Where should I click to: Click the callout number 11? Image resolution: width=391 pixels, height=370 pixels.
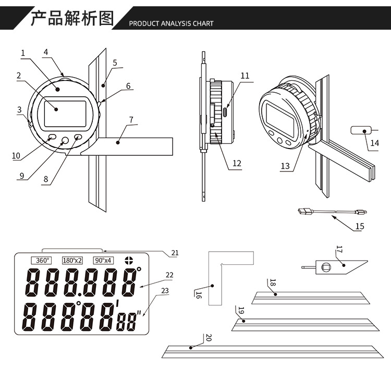[245, 76]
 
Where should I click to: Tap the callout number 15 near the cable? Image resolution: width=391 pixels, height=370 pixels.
[360, 226]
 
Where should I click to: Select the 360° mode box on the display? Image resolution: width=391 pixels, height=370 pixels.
[41, 260]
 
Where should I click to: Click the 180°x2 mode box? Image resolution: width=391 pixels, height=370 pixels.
[72, 260]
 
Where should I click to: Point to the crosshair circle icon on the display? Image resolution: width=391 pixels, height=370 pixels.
[129, 260]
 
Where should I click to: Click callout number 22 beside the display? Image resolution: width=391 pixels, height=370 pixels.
[169, 275]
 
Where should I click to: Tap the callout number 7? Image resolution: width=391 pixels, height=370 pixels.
[131, 119]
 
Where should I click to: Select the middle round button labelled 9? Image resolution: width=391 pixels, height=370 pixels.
[65, 139]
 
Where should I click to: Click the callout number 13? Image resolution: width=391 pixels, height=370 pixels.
[285, 166]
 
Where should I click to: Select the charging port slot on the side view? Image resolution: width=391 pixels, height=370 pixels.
[225, 112]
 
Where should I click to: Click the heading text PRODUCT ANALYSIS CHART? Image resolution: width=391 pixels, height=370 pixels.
[171, 23]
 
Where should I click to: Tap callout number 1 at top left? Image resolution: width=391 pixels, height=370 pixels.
[23, 53]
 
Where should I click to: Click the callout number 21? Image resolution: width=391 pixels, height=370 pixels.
[175, 253]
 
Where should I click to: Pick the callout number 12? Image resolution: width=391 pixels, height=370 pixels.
[237, 163]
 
